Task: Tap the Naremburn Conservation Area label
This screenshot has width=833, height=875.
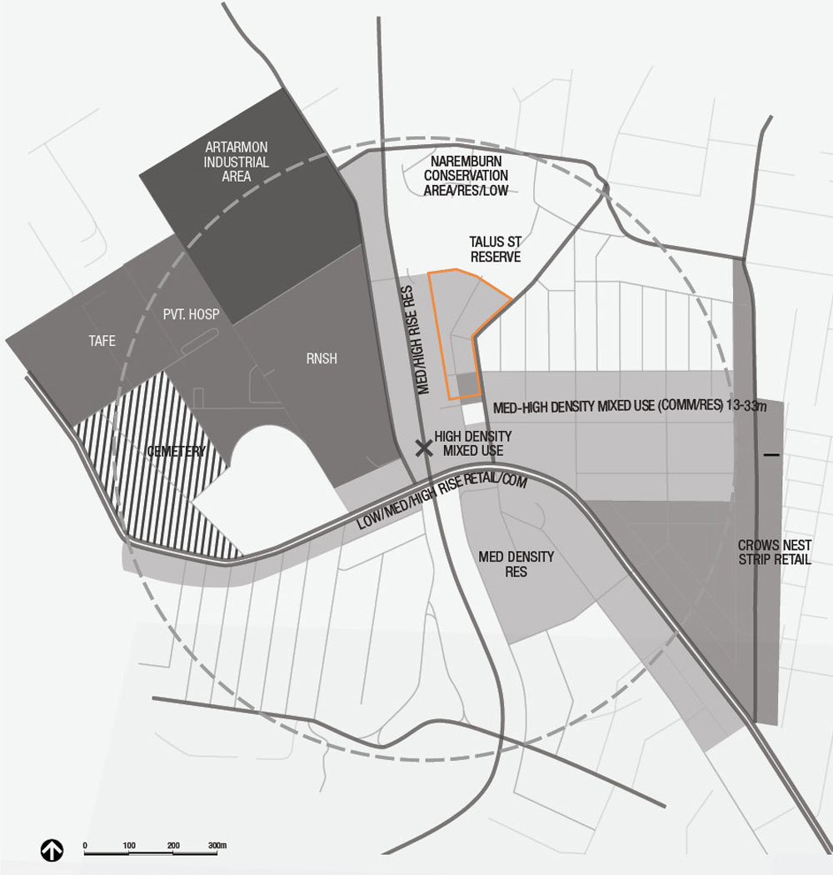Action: pos(466,175)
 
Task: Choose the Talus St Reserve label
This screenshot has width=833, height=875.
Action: pos(495,248)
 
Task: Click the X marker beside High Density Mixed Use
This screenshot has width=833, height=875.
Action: pos(424,448)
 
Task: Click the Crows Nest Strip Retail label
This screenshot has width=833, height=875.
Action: pos(775,552)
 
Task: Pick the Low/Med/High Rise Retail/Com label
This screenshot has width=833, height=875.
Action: pos(444,497)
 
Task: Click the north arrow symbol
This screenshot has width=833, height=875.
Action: pos(52,850)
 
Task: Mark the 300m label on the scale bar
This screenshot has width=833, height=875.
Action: pos(218,845)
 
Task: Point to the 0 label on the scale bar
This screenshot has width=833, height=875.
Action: pos(85,845)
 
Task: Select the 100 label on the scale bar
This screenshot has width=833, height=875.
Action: pos(129,845)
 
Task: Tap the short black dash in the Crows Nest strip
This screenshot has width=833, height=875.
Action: pos(771,455)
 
